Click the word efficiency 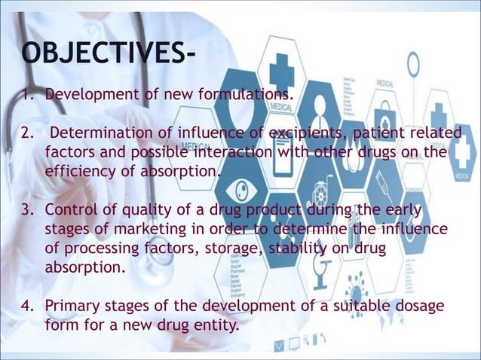pyautogui.click(x=82, y=171)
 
